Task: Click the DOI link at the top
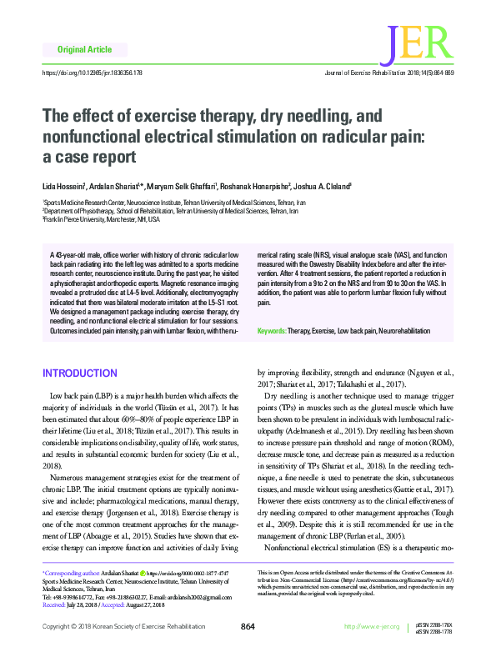[91, 74]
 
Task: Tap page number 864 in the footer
[247, 649]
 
